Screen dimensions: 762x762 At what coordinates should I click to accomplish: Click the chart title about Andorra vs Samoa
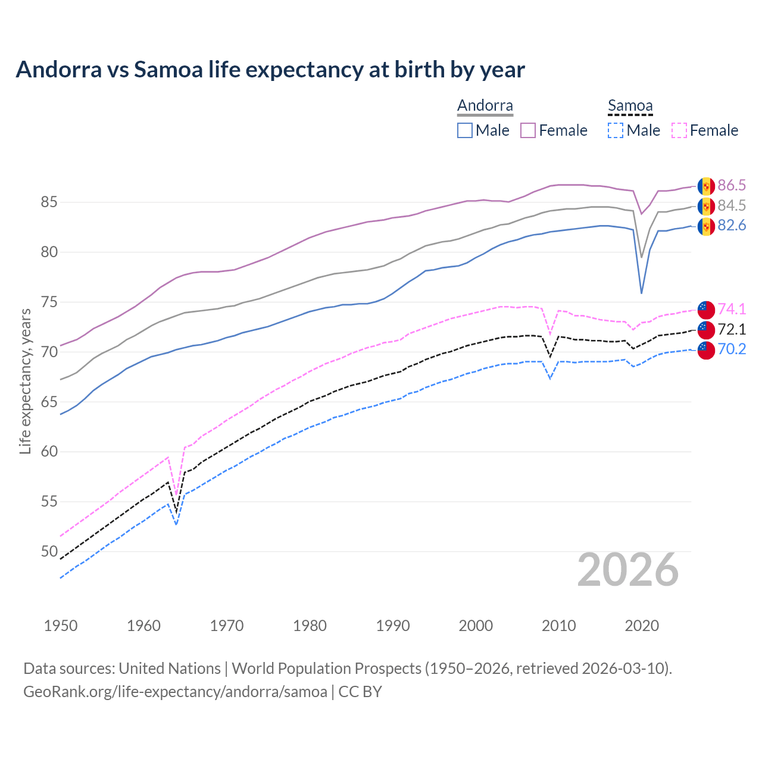(270, 70)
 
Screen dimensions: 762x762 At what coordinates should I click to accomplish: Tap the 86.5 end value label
(732, 185)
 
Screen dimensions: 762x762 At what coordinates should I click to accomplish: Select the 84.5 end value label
(732, 205)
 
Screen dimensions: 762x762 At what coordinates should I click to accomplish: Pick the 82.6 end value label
(732, 226)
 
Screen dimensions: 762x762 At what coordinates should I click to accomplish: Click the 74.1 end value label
(732, 309)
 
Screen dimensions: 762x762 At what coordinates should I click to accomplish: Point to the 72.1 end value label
(732, 329)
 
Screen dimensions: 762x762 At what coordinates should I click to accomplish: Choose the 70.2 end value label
(732, 349)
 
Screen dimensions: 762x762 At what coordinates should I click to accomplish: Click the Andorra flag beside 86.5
(706, 186)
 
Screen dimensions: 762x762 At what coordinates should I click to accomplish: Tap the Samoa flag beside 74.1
(706, 310)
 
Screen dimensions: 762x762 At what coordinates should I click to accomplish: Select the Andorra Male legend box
(465, 130)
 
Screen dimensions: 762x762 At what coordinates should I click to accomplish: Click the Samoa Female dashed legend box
(679, 130)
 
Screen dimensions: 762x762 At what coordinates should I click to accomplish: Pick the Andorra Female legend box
(528, 130)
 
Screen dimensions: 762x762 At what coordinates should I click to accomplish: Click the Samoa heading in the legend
(630, 106)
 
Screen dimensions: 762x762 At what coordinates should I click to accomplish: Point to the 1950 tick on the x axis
(61, 626)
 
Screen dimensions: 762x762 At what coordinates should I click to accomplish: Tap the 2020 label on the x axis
(642, 626)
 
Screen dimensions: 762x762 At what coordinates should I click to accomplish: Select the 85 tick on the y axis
(49, 202)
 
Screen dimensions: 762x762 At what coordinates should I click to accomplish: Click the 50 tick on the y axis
(49, 551)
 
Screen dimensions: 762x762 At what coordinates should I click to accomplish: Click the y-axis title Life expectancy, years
(25, 381)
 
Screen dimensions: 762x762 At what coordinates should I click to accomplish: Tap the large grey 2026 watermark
(628, 570)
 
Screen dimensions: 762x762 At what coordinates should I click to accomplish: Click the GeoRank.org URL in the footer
(175, 692)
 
